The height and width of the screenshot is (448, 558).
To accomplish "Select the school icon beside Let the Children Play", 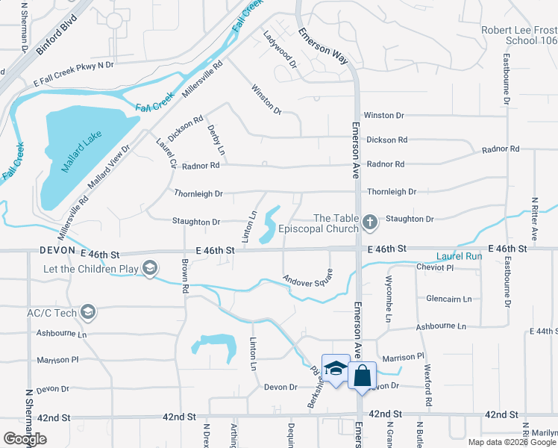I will pos(150,268).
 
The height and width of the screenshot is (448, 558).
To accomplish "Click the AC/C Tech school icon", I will pos(87,312).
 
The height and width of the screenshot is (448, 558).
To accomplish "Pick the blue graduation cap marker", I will pos(336,368).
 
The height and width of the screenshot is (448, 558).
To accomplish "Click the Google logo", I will pos(25,438).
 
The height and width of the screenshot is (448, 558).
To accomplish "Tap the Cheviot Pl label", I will pos(435,267).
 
